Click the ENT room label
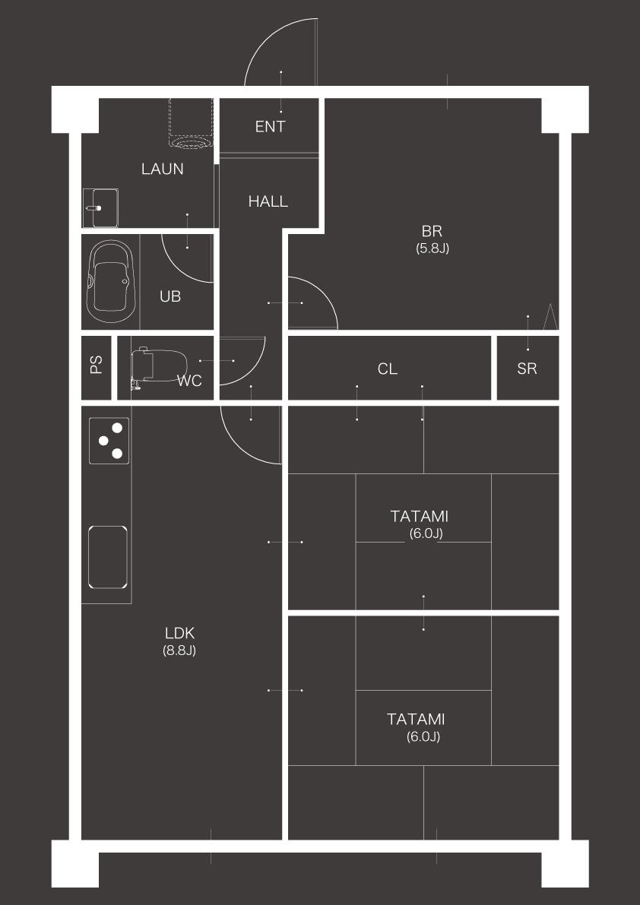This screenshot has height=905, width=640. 270,126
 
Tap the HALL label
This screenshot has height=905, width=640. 268,201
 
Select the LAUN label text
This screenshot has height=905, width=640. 163,169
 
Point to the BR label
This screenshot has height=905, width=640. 432,232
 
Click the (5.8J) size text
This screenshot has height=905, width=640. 432,248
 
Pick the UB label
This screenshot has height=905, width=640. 170,296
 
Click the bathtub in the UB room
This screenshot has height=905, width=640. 111,282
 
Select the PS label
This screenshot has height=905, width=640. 96,365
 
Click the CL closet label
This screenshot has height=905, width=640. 387,369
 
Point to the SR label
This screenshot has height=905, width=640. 527,369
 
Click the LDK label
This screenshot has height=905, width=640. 179,633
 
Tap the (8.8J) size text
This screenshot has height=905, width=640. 179,650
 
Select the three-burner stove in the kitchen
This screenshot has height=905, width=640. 109,441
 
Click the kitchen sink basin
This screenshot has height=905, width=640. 108,557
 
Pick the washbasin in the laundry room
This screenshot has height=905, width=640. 100,207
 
